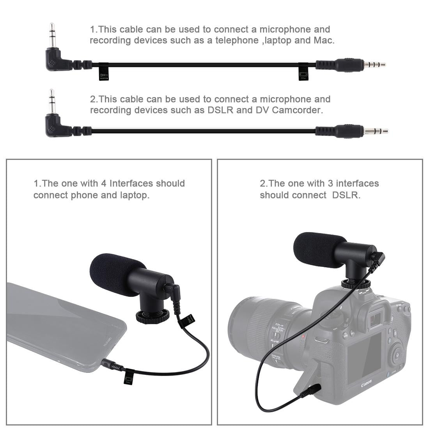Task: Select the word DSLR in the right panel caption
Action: (x=345, y=195)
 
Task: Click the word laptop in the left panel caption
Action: (x=134, y=195)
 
